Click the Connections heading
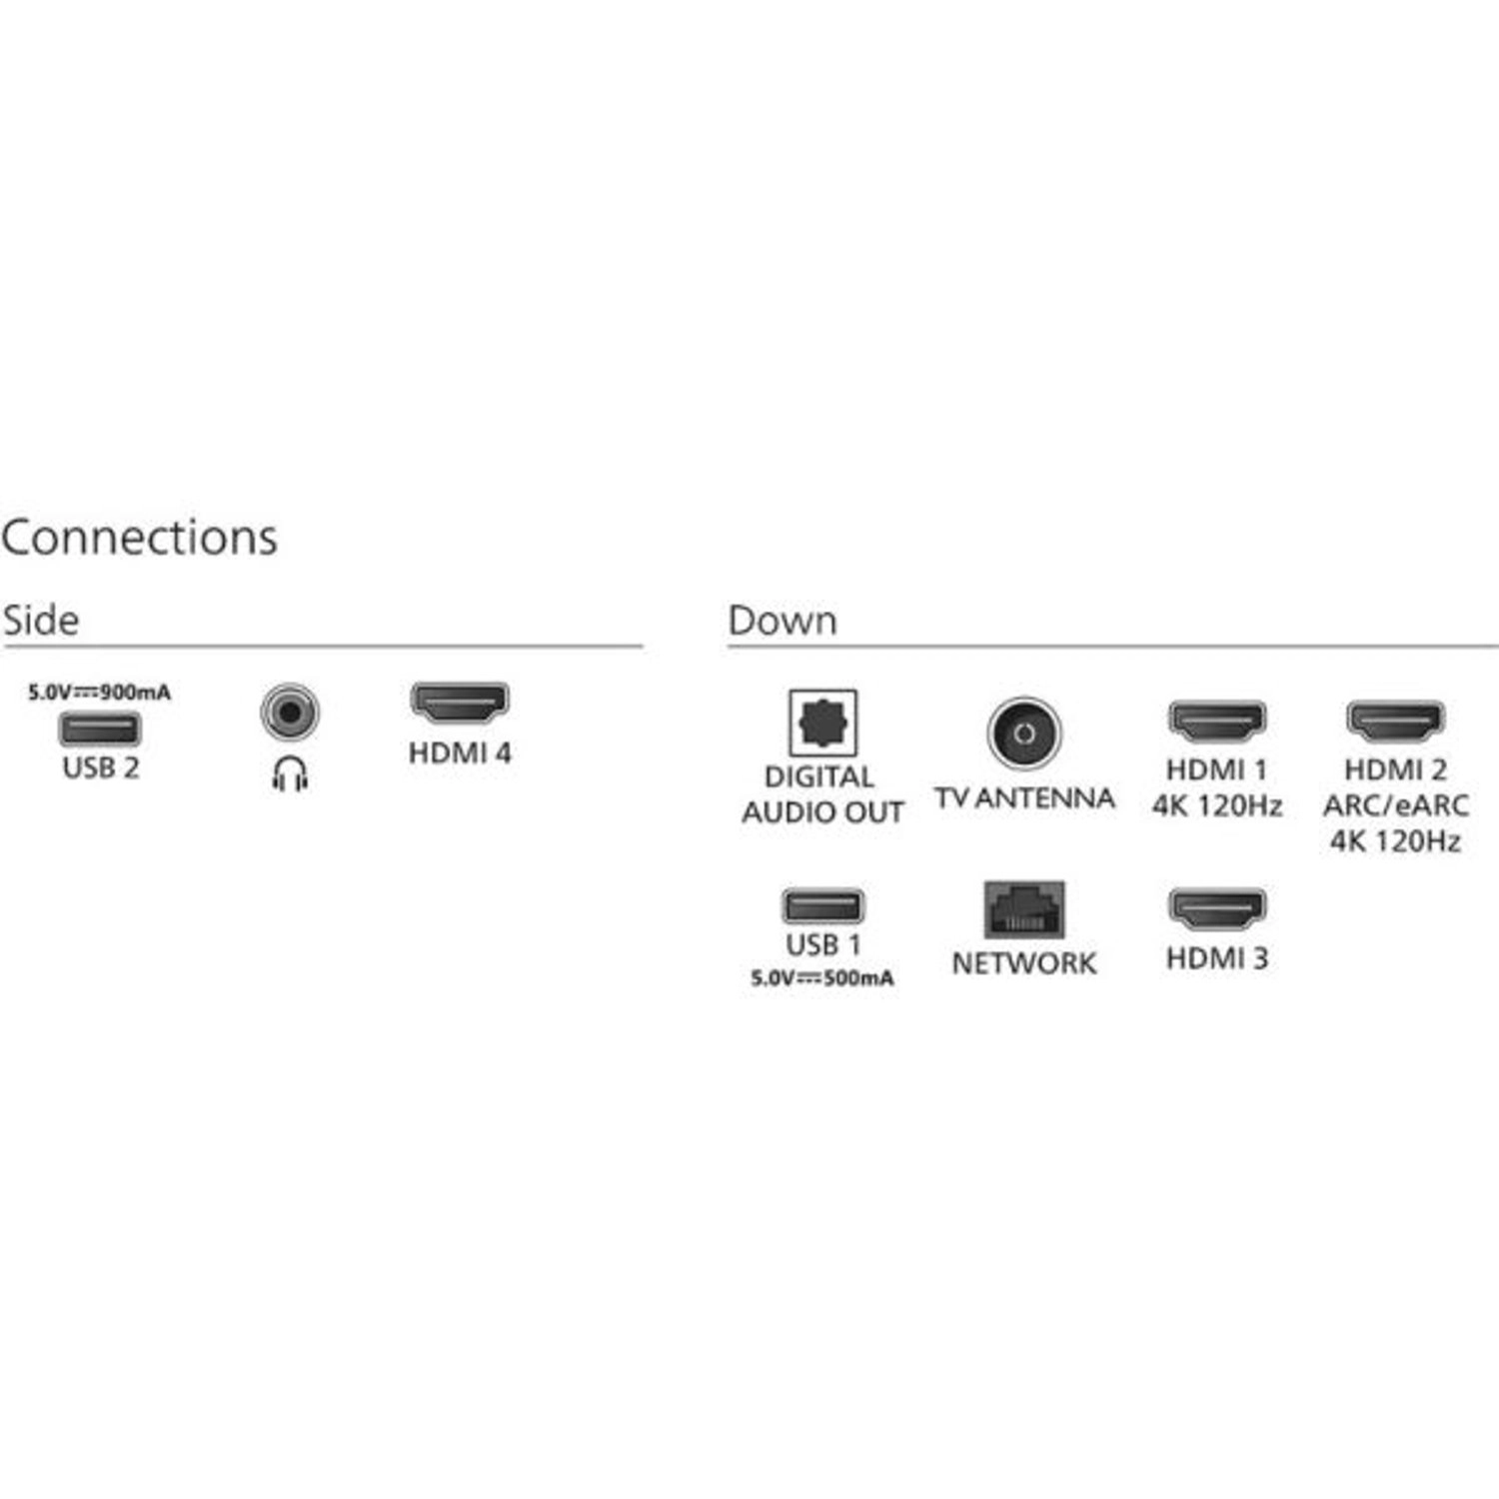[139, 538]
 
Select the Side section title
[41, 621]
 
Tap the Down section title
[782, 621]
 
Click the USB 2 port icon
[99, 729]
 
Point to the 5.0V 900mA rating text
[99, 693]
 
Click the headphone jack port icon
[290, 713]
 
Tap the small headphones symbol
[290, 773]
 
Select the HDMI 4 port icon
[460, 704]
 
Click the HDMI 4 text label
[460, 753]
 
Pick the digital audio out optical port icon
[822, 723]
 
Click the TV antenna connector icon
[1023, 733]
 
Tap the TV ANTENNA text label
[1024, 798]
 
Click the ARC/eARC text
[1395, 805]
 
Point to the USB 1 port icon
[822, 906]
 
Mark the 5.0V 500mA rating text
[822, 978]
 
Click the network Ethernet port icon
[1024, 909]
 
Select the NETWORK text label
[1024, 963]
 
